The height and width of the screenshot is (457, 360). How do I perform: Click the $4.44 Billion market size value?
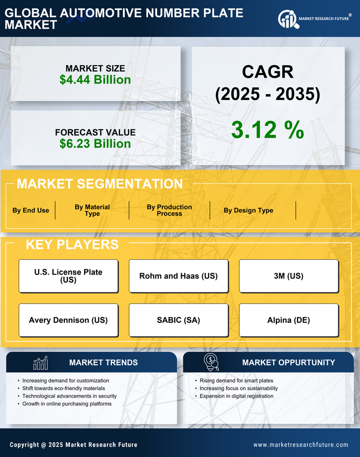click(95, 80)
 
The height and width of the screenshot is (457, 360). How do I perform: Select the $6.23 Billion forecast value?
click(95, 144)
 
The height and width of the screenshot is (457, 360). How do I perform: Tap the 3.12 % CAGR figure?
click(267, 130)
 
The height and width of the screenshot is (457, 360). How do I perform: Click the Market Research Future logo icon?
click(288, 19)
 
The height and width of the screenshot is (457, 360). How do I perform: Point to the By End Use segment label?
click(31, 210)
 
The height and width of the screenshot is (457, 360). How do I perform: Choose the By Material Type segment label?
click(92, 210)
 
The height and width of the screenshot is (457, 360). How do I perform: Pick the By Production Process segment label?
click(169, 210)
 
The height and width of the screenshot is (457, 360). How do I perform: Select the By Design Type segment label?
click(248, 210)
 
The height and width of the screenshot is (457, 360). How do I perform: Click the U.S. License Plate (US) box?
click(68, 276)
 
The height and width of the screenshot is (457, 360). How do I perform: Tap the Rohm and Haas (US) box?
click(178, 276)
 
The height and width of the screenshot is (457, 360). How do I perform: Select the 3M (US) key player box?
click(289, 276)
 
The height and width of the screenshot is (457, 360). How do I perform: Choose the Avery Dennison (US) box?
click(68, 320)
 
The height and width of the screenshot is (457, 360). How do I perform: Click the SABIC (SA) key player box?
click(178, 320)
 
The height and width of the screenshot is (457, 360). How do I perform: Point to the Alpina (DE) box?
click(289, 320)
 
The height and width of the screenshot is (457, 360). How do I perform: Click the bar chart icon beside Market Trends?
click(40, 363)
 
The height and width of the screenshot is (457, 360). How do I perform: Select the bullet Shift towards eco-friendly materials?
click(63, 389)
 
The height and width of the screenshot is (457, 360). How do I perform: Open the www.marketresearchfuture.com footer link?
click(301, 445)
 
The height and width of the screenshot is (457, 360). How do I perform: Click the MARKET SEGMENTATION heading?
click(100, 184)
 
